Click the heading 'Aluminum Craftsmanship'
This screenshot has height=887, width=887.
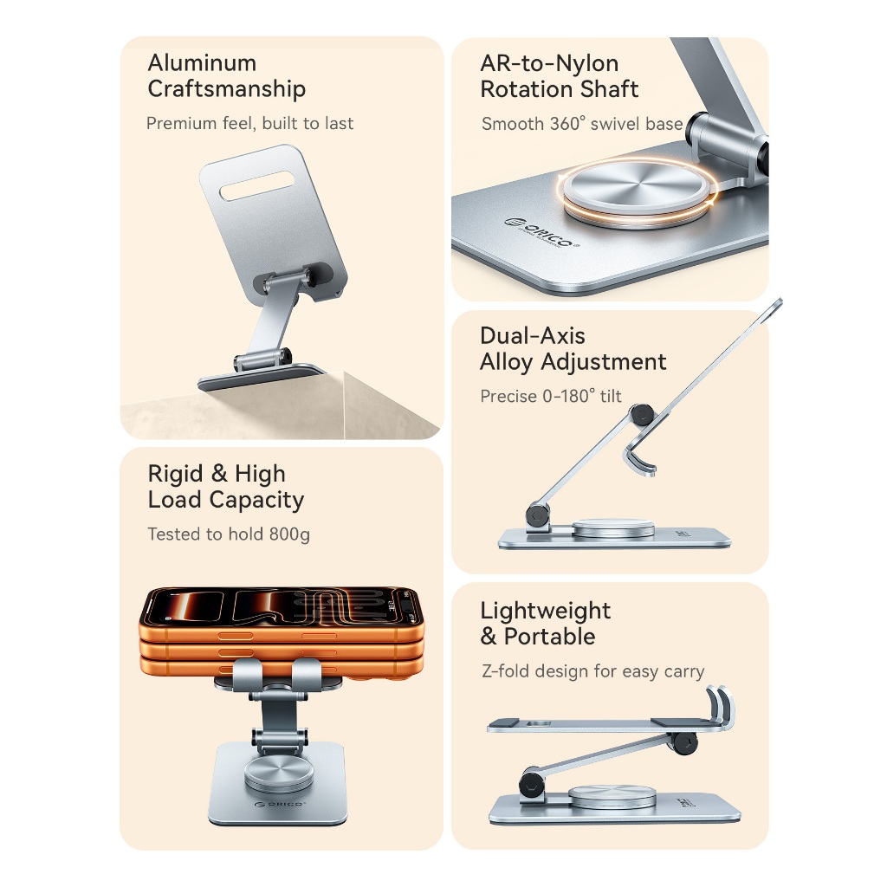pos(226,76)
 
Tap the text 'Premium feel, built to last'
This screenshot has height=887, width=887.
pos(249,123)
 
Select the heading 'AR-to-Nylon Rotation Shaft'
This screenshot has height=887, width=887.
pos(559,76)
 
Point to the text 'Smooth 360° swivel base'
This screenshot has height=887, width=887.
pos(582,124)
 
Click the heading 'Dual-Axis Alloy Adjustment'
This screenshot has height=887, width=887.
pos(573,349)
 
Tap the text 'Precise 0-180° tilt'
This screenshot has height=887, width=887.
pos(550,396)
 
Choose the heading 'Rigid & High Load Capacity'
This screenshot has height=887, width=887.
pos(226,487)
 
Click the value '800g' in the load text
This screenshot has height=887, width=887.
pos(289,534)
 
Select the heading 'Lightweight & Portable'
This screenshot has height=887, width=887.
pos(546,624)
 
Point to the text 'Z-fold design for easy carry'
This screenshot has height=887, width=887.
pos(592,671)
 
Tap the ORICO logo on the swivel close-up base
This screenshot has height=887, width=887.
pos(542,232)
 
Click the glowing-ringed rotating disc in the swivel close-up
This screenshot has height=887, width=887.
pos(637,191)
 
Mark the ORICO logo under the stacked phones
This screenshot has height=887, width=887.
pos(280,804)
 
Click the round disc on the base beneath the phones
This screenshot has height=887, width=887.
pos(279,774)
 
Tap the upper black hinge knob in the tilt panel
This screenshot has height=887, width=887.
pos(642,415)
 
